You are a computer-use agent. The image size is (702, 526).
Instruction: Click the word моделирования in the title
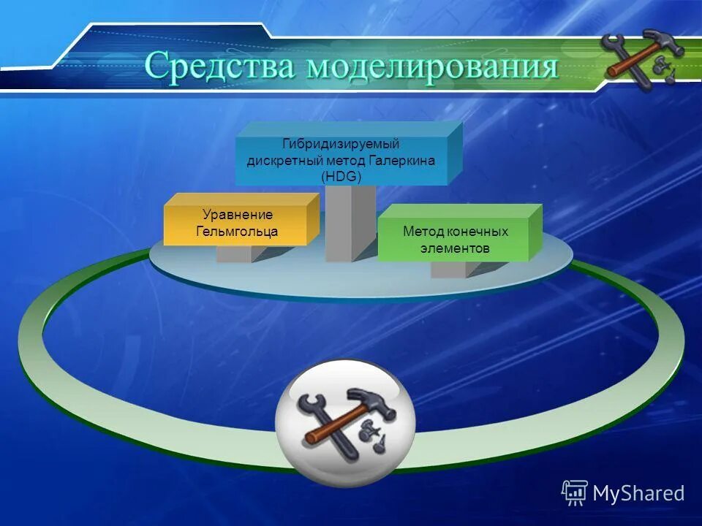coord(431,67)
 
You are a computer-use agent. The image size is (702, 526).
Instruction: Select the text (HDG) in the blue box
coord(341,176)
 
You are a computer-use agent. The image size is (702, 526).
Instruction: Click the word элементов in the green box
coord(455,248)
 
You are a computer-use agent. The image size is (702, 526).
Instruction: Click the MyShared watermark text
coord(638,494)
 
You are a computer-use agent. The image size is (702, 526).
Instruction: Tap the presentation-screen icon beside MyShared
coord(575,493)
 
